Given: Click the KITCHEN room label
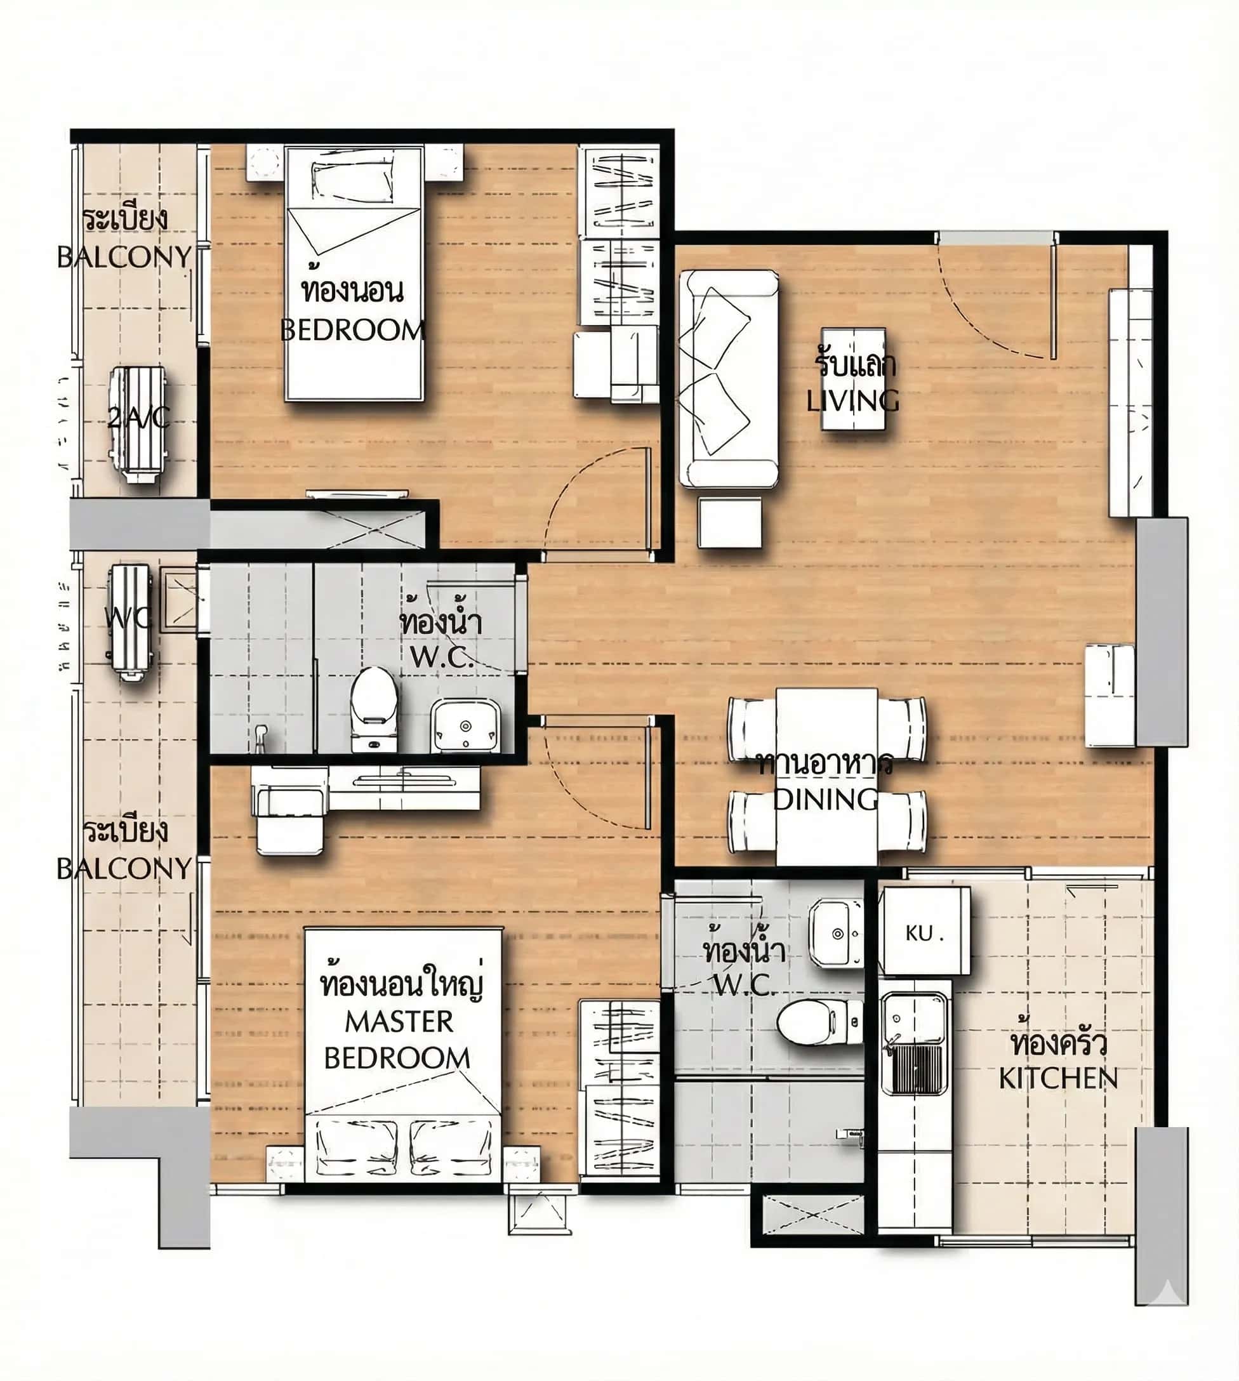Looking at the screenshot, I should [x=1057, y=1078].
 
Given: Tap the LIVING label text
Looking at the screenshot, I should [x=852, y=400].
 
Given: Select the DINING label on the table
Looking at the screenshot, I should [x=826, y=798].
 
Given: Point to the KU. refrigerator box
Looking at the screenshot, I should [x=924, y=932].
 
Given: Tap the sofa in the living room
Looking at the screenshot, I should [x=729, y=378].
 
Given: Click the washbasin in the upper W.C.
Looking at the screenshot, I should [x=465, y=725].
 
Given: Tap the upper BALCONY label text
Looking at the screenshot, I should [x=124, y=256].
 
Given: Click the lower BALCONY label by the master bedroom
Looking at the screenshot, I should [x=124, y=868].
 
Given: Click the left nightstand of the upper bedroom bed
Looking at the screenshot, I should [x=264, y=162].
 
